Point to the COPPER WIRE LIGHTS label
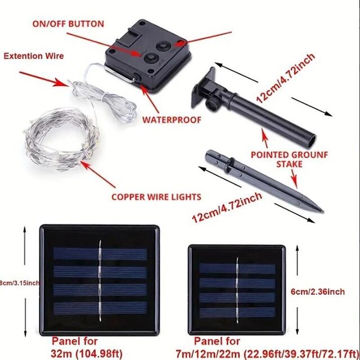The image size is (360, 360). tap(156, 197)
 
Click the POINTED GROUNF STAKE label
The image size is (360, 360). tap(289, 159)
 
